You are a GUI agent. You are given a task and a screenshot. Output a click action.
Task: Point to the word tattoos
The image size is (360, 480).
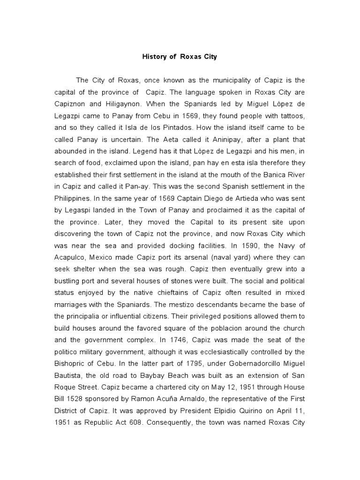tap(293, 116)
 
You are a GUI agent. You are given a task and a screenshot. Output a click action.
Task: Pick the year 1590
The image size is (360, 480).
tap(255, 245)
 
